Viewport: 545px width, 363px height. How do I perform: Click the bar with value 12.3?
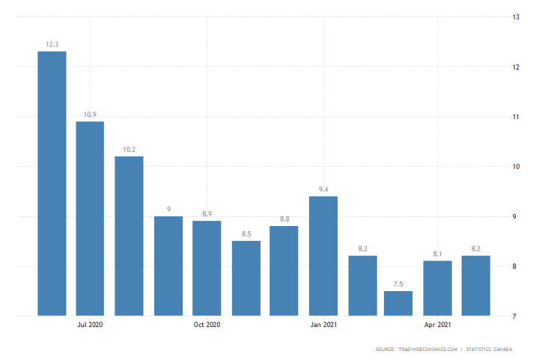(52, 183)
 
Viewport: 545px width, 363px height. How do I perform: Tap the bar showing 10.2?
(129, 236)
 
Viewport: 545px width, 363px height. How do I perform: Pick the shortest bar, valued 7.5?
(398, 303)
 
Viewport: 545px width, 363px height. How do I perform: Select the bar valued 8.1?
(437, 288)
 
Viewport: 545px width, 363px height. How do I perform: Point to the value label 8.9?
(207, 214)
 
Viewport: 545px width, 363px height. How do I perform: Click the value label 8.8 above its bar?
(284, 219)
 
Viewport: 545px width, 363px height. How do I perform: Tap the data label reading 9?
(168, 209)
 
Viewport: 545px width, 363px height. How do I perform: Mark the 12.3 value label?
(52, 44)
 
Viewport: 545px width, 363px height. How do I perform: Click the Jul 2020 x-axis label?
(90, 325)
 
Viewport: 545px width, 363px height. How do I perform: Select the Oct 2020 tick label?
(207, 325)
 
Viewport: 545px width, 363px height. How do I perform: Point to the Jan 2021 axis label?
(323, 325)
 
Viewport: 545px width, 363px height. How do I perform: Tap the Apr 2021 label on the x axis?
(438, 325)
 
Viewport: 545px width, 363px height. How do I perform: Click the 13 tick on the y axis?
(516, 16)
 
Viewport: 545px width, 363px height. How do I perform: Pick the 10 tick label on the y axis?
(516, 166)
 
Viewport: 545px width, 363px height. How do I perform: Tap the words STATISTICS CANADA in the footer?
(491, 350)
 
